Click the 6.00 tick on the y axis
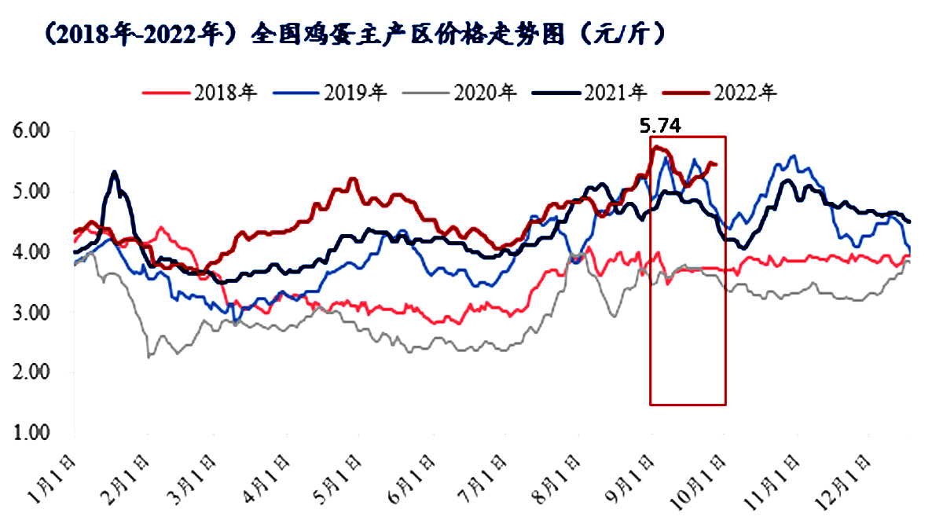[33, 131]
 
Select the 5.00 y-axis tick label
[33, 192]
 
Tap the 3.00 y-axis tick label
[33, 313]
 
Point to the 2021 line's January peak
[115, 171]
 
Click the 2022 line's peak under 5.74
[655, 146]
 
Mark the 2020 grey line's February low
[149, 357]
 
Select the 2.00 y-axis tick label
[33, 373]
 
